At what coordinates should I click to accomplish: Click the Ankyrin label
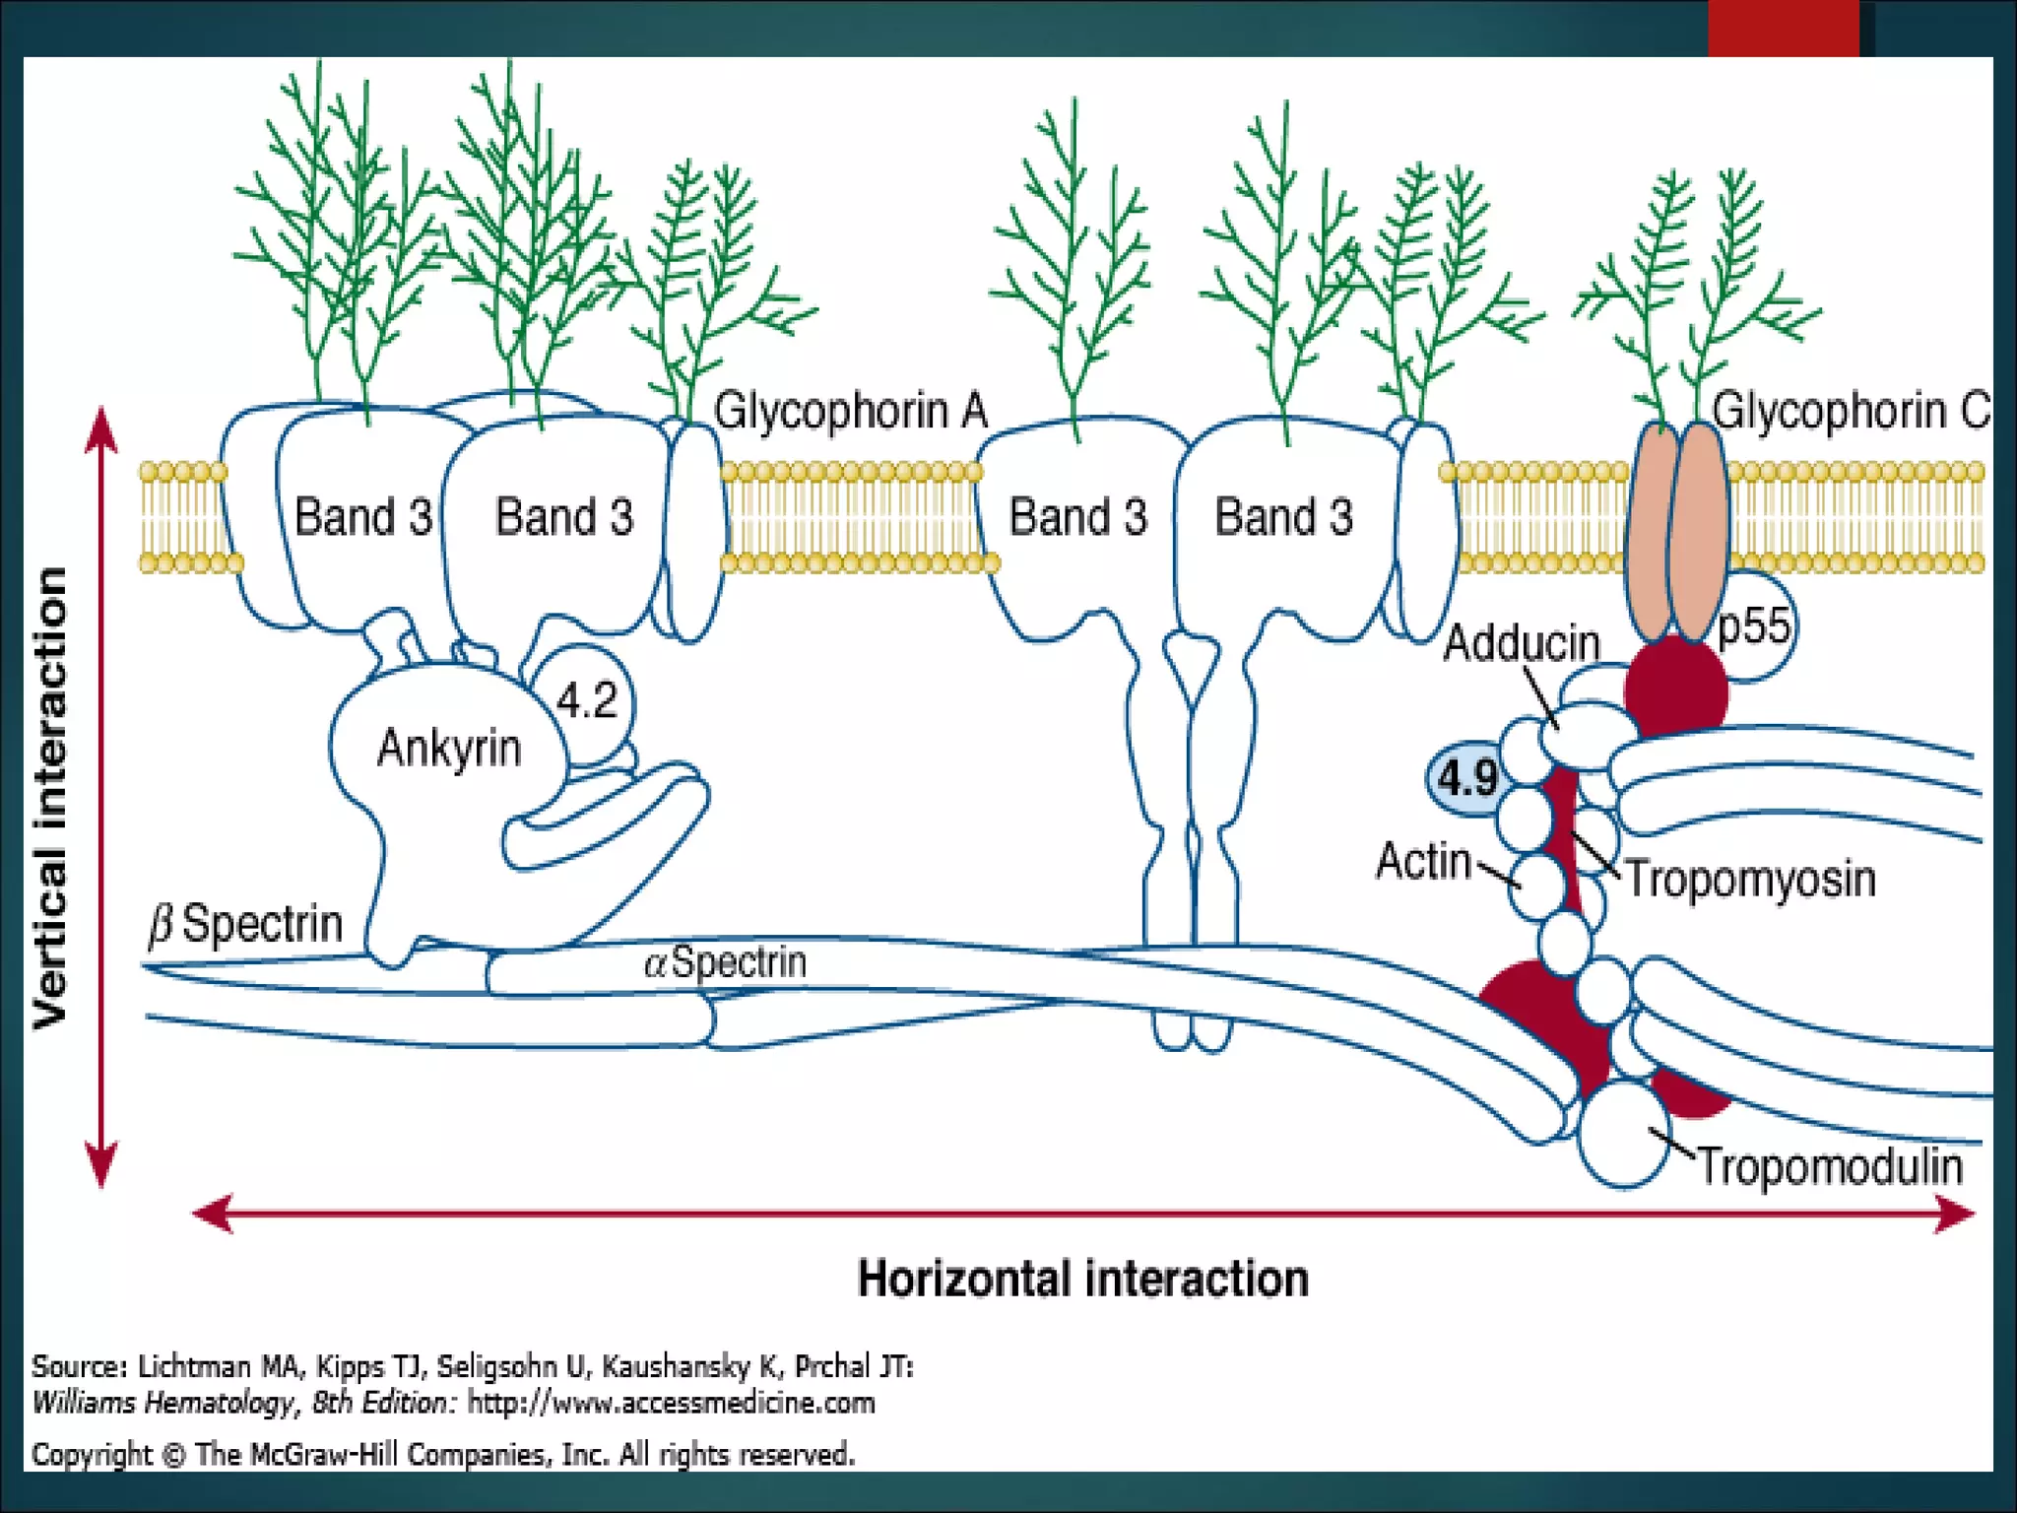pos(449,749)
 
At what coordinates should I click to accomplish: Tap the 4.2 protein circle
pos(587,701)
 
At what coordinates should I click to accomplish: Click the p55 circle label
pos(1754,626)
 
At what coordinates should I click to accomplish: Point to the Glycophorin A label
pos(850,411)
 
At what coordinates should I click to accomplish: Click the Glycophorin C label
pos(1851,411)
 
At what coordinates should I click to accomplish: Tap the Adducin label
pos(1522,644)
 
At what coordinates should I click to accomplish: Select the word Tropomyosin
pos(1750,879)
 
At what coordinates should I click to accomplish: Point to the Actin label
pos(1423,861)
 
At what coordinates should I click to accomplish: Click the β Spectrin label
pos(245,924)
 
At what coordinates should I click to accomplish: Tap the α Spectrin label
pos(726,961)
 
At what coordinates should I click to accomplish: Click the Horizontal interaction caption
pos(1083,1279)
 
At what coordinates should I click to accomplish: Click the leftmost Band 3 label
pos(363,517)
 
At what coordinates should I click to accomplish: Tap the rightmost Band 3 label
pos(1283,517)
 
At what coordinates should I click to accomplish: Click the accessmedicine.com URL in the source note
pos(671,1403)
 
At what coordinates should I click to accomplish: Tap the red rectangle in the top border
pos(1783,28)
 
